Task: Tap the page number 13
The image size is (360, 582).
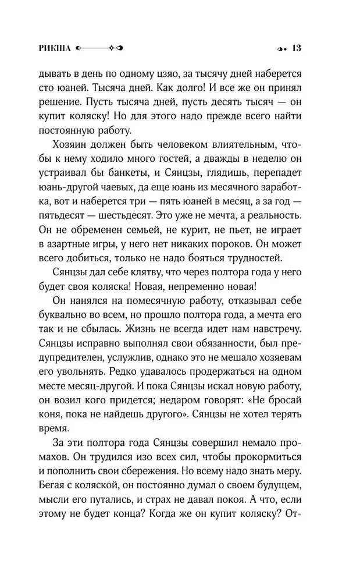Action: tap(295, 48)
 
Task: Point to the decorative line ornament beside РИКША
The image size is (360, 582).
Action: tap(98, 49)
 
